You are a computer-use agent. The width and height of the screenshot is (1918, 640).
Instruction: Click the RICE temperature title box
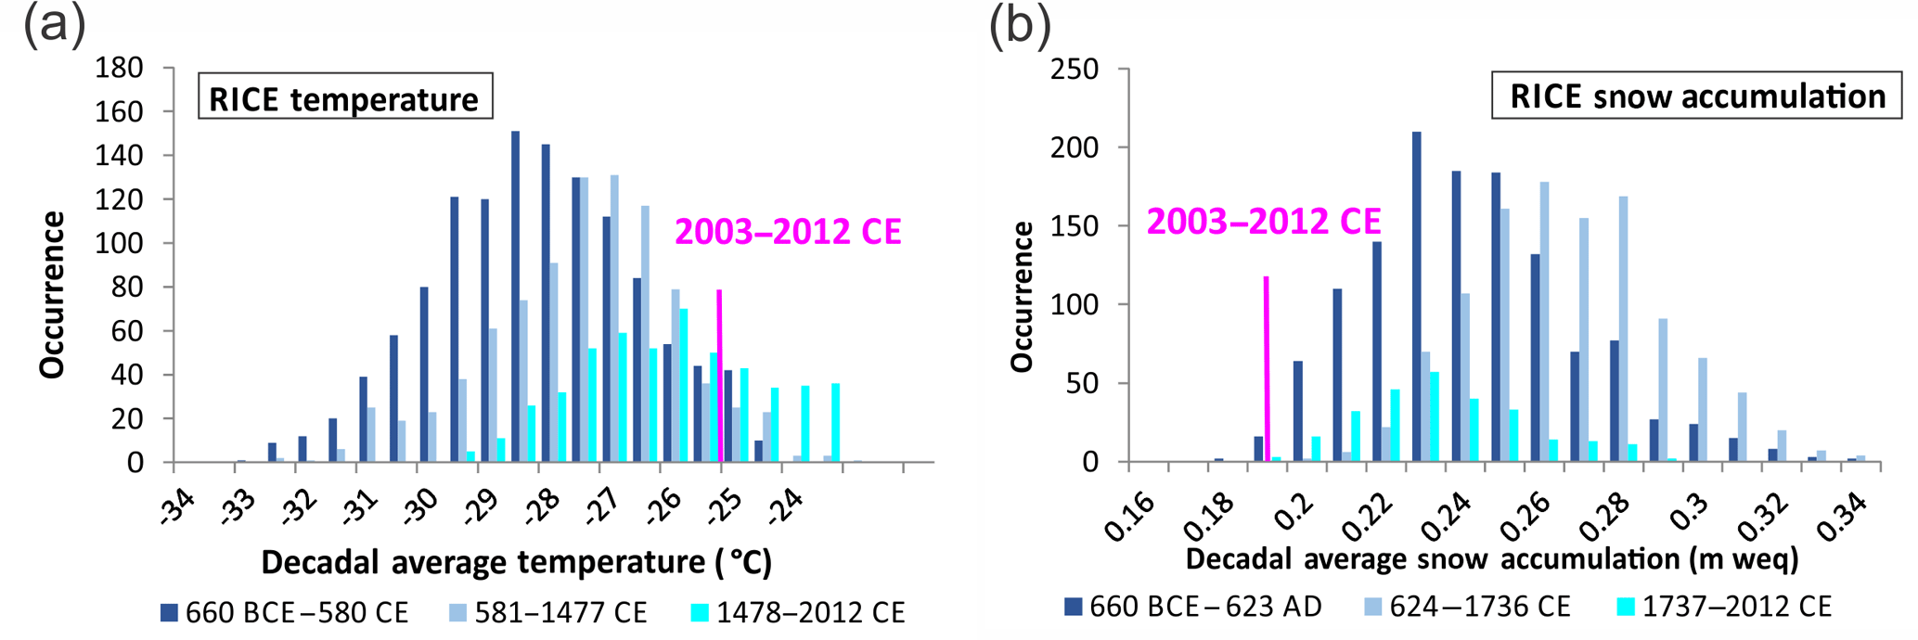344,97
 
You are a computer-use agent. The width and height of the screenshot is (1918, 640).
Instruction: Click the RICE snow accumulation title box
1697,96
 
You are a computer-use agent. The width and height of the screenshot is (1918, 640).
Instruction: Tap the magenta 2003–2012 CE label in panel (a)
788,232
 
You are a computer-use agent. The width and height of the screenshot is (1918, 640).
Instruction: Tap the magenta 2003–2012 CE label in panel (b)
1263,222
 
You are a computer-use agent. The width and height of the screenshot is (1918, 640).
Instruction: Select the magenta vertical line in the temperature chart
719,376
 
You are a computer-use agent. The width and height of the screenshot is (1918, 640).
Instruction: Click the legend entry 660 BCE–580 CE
284,613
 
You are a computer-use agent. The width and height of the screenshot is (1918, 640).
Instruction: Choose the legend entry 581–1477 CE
548,613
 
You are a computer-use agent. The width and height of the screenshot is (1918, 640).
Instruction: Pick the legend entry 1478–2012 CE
798,613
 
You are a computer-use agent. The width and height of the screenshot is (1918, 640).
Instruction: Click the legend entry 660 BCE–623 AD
1192,607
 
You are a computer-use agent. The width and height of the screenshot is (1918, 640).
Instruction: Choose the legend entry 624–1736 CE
1467,607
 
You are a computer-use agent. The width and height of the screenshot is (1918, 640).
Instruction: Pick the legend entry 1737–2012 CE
1725,607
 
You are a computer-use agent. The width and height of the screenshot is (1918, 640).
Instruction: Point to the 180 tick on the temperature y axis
120,68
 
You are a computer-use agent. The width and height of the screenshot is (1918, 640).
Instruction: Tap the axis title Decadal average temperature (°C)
516,562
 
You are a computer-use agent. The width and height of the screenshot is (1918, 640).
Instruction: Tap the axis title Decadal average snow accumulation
1492,559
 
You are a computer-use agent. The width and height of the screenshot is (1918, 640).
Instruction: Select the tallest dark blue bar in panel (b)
1416,297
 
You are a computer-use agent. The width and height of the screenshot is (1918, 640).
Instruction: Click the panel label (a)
54,25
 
